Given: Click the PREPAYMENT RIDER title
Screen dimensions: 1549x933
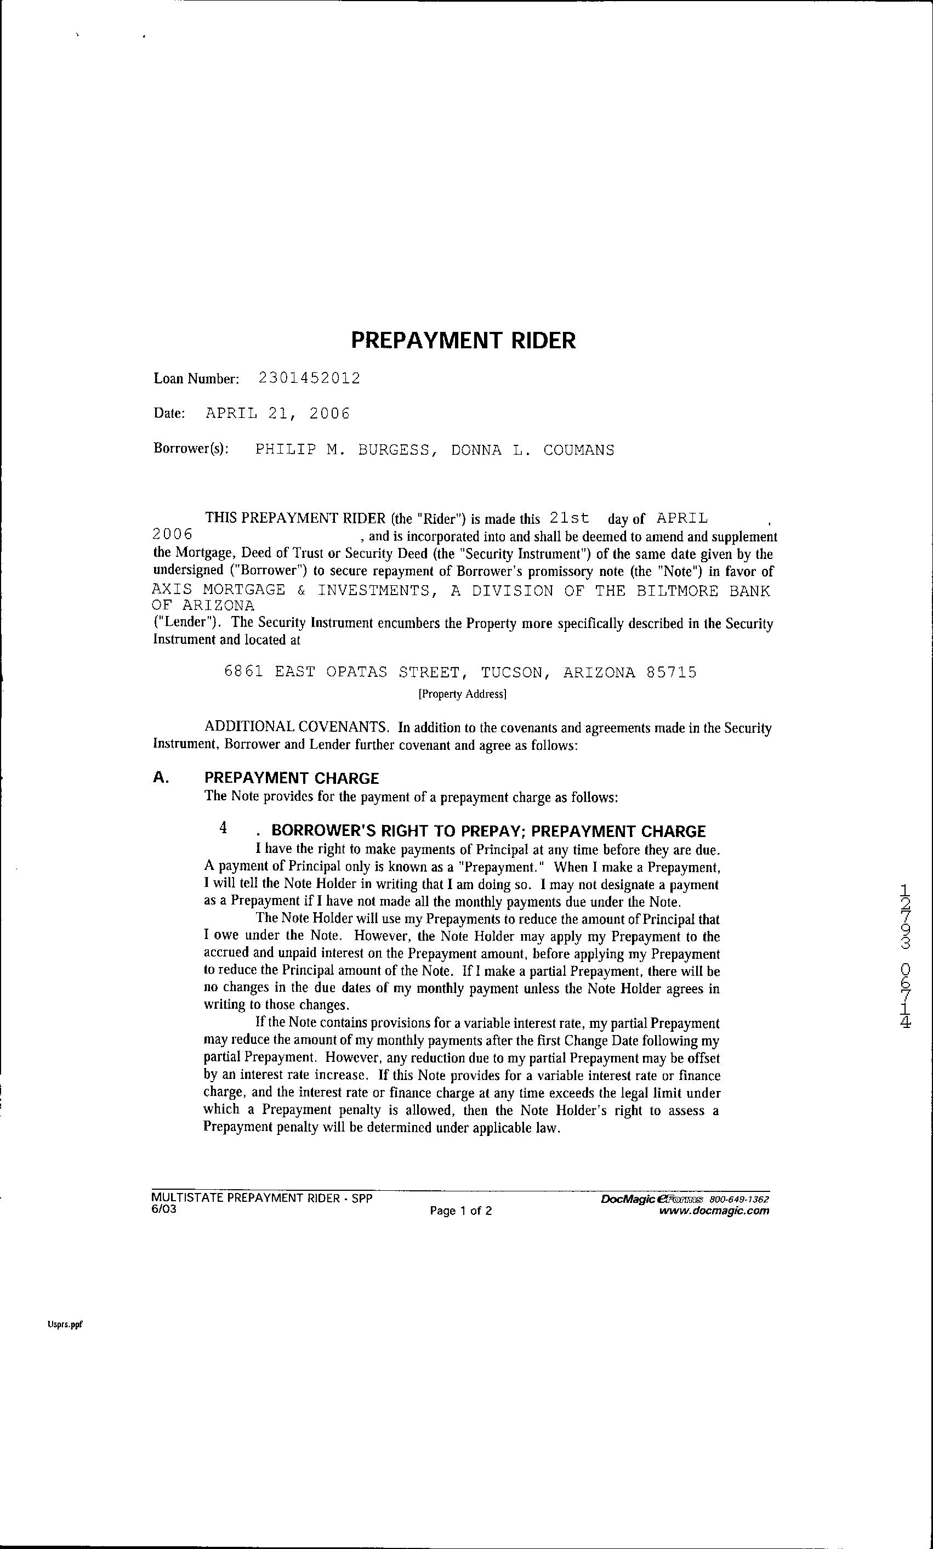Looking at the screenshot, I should click(463, 341).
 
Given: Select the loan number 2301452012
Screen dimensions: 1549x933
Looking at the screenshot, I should click(310, 378).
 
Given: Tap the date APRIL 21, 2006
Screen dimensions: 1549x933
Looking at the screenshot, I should click(278, 414).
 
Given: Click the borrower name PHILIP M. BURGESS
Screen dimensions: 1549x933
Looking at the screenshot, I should click(343, 450).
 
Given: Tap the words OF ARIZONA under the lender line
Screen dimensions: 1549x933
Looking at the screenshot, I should click(203, 606).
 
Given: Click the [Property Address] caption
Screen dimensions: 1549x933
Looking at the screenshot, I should click(463, 694).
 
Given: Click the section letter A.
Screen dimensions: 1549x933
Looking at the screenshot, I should click(161, 778).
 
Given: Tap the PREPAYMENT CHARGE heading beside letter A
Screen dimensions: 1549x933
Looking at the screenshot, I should click(292, 778).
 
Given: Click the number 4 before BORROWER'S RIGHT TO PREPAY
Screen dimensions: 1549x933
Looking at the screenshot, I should click(223, 828).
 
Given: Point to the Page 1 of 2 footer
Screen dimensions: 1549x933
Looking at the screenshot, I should click(460, 1211).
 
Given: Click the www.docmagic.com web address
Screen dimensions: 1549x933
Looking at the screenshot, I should click(714, 1211).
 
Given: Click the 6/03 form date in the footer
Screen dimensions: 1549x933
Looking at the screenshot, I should click(164, 1209).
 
